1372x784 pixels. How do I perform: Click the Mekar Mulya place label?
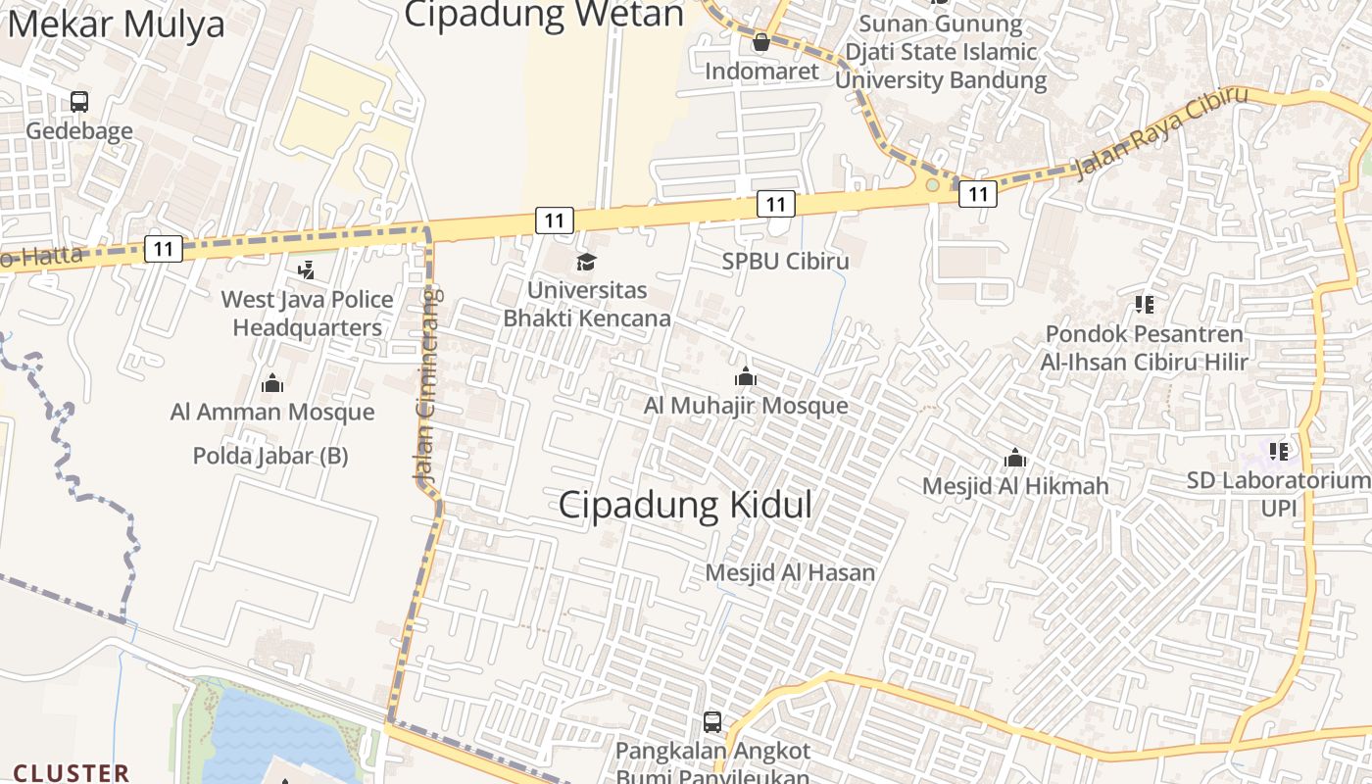(117, 24)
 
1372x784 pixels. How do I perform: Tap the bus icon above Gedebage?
(79, 101)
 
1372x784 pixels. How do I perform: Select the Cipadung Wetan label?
(544, 14)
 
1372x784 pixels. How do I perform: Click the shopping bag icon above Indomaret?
(761, 42)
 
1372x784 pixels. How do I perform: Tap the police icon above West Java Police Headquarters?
(306, 269)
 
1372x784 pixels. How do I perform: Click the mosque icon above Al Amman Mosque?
(272, 383)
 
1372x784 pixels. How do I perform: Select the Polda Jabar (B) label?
(270, 456)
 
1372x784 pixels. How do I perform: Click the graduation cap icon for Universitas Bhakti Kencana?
(586, 262)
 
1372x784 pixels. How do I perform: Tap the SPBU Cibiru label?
(785, 262)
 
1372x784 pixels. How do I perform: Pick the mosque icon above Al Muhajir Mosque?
(746, 377)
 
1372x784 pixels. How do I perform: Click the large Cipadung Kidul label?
(685, 505)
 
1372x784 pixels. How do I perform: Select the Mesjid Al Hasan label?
(790, 572)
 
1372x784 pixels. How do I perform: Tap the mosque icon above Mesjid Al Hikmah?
(1015, 458)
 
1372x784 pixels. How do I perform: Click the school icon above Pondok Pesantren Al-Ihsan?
(1144, 306)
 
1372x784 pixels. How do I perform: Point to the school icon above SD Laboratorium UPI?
(1279, 452)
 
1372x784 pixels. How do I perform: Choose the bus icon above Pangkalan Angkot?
(712, 722)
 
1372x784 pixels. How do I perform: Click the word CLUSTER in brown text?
(71, 773)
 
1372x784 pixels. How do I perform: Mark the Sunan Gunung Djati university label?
(941, 52)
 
